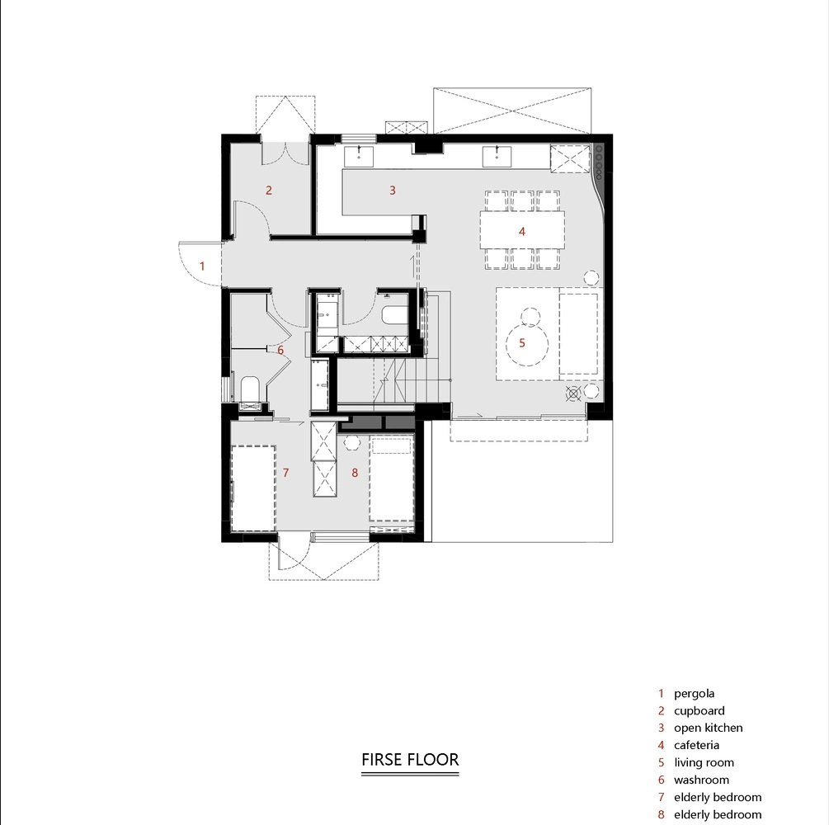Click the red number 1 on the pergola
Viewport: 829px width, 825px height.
202,266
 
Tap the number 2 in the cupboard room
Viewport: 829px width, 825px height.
269,191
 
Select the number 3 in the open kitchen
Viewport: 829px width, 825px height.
393,191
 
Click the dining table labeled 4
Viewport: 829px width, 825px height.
522,230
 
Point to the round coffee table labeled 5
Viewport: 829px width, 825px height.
526,344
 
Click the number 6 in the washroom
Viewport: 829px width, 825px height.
280,350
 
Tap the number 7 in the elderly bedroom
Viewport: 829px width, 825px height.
286,473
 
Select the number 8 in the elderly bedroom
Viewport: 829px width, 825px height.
355,473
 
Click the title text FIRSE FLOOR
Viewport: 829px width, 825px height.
410,760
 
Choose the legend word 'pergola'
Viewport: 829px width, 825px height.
695,693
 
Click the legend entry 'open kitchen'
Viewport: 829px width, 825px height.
709,728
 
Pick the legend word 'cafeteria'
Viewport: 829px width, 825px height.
696,745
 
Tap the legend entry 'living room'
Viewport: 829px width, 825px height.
704,762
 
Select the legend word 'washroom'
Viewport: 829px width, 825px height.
702,780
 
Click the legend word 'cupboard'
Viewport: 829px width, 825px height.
699,711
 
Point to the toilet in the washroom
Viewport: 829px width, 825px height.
249,389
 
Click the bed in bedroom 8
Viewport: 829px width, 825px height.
391,479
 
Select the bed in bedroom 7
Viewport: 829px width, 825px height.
253,488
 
